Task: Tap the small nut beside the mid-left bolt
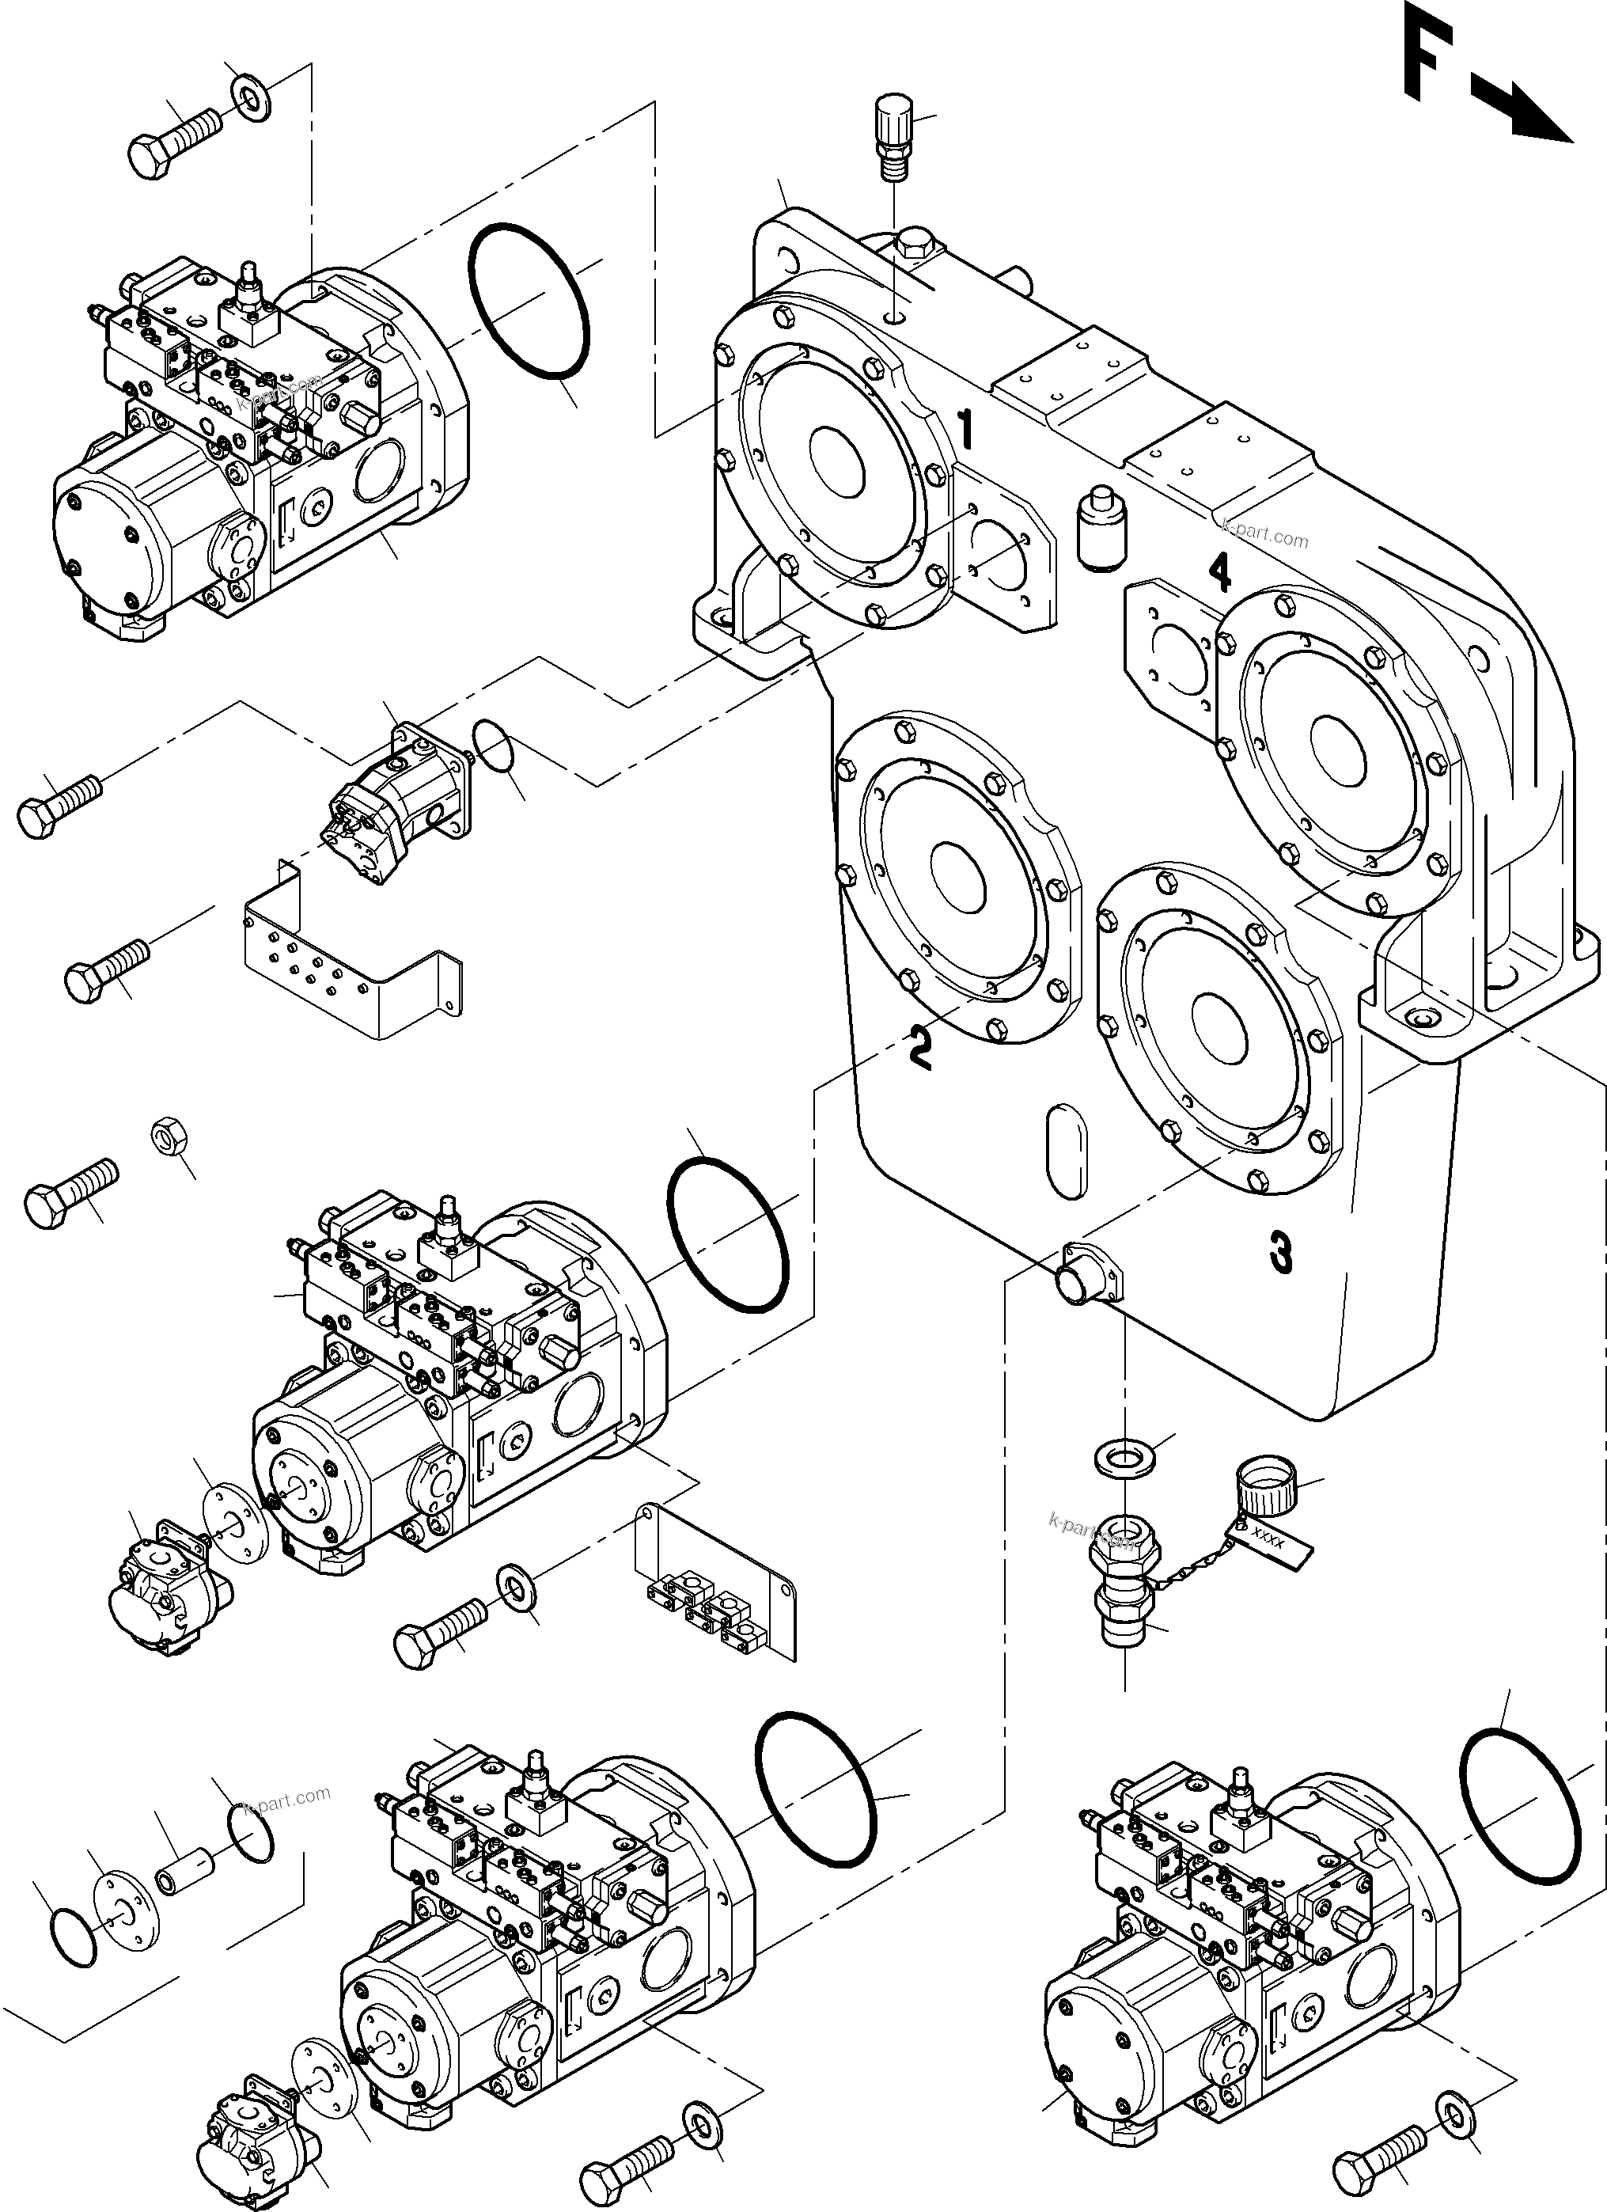click(169, 1135)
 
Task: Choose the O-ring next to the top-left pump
click(529, 302)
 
